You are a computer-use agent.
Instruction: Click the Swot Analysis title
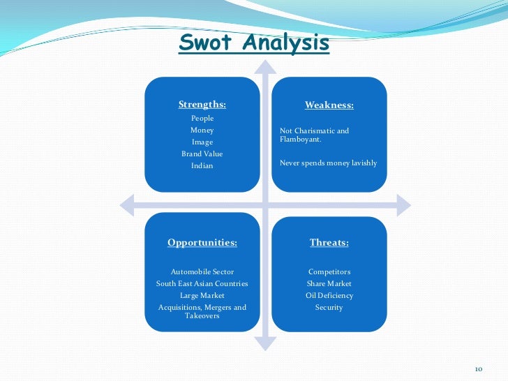[254, 43]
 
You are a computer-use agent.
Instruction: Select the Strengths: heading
[202, 105]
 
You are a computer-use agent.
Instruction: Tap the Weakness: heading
[329, 105]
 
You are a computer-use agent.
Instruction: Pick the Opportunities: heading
[202, 243]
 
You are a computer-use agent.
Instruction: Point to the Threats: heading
[329, 243]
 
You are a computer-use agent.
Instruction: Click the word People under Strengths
[202, 119]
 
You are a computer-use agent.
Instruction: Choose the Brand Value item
[202, 154]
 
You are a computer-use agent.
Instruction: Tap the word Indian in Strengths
[202, 166]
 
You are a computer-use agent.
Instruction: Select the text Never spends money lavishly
[328, 163]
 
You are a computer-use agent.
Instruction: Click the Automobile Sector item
[202, 271]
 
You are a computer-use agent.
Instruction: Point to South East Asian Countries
[202, 284]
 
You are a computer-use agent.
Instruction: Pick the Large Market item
[202, 296]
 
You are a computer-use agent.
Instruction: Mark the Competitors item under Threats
[329, 271]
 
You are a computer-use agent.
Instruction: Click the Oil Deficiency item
[329, 296]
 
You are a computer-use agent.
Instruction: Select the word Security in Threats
[329, 308]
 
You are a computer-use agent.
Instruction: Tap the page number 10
[479, 368]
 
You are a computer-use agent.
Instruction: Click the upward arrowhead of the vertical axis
[264, 66]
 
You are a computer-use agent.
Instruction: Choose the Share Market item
[329, 284]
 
